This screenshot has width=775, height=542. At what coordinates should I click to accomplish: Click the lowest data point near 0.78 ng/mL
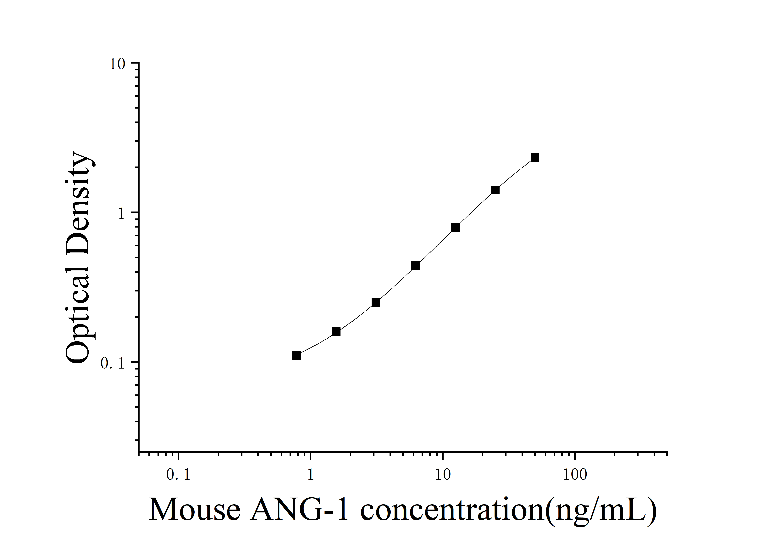(296, 356)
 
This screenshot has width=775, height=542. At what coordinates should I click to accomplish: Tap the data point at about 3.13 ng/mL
(376, 302)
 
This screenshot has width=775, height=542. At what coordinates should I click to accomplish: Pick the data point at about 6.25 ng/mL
(416, 265)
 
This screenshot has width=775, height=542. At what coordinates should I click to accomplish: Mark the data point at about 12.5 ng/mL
(455, 228)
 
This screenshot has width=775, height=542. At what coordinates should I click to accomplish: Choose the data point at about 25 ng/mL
(495, 190)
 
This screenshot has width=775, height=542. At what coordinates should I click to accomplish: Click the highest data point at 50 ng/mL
(535, 157)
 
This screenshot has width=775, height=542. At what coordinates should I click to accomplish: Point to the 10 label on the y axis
(117, 64)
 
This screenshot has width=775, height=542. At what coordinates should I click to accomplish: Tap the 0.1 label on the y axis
(113, 363)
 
